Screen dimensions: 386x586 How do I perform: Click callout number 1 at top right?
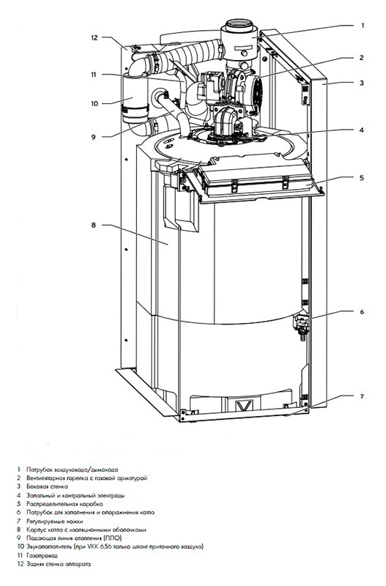(362, 26)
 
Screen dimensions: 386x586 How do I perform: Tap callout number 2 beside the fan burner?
(361, 58)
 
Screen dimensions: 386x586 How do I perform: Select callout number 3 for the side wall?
(362, 83)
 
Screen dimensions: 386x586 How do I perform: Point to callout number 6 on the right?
(362, 312)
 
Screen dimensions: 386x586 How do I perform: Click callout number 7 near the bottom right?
(362, 396)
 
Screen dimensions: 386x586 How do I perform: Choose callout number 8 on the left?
(94, 225)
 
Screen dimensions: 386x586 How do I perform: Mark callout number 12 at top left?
(94, 37)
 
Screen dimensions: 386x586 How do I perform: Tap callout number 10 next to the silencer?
(94, 103)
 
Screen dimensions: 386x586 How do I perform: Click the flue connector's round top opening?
(239, 24)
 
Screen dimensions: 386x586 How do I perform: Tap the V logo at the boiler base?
(239, 406)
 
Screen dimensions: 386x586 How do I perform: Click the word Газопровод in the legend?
(42, 555)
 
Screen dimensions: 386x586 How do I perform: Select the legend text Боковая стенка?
(48, 486)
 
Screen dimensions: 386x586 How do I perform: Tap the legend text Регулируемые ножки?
(55, 521)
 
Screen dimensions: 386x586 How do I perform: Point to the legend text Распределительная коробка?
(64, 504)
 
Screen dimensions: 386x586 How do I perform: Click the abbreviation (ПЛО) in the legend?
(113, 538)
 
